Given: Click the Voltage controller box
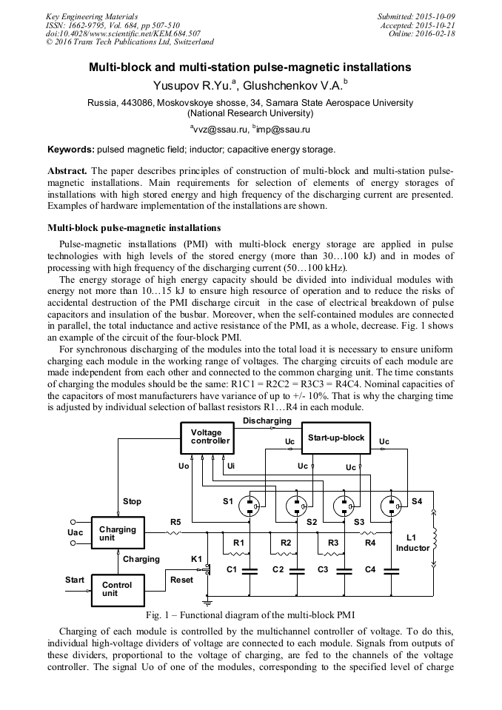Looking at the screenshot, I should tap(210, 438).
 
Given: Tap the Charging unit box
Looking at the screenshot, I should tap(117, 534).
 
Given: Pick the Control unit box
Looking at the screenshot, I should tap(117, 589).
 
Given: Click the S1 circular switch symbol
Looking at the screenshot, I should tap(252, 506).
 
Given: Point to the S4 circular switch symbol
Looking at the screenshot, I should tap(392, 506).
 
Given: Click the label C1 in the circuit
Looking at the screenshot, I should tap(231, 569).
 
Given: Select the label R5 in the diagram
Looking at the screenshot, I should tap(175, 520).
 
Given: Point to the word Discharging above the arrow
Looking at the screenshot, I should tap(267, 421).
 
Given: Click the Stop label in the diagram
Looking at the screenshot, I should tap(132, 501).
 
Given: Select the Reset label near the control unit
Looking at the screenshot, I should tap(181, 580).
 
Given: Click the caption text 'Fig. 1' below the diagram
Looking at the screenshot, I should tap(157, 615).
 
